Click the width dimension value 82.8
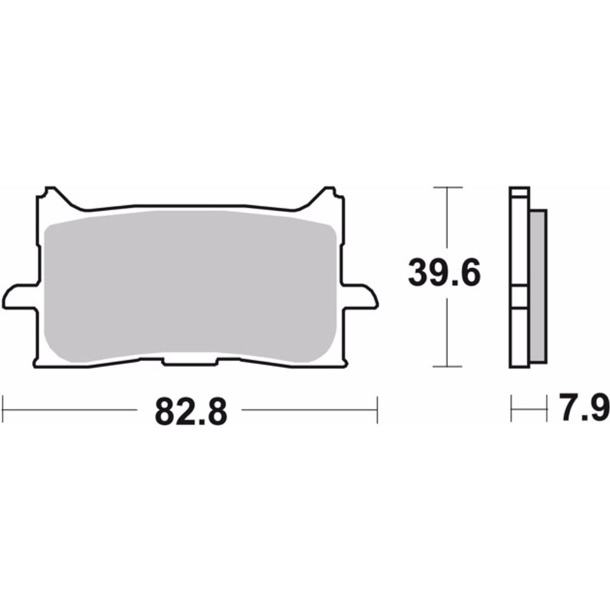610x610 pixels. (x=191, y=411)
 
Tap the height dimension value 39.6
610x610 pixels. (x=444, y=273)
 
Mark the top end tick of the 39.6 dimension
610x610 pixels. (x=447, y=187)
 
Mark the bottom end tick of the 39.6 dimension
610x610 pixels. (x=447, y=367)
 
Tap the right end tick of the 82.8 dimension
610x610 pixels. (x=378, y=410)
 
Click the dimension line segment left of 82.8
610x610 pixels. (x=70, y=410)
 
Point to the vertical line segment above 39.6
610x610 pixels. (x=447, y=219)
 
